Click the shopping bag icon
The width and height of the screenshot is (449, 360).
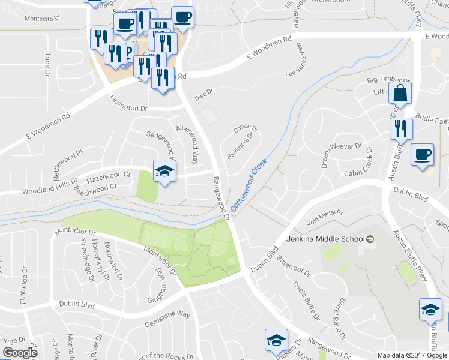coord(399,94)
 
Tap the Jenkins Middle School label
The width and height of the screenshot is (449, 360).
coord(330,239)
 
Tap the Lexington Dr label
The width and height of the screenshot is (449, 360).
coord(128,103)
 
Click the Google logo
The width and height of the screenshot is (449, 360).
coord(20,353)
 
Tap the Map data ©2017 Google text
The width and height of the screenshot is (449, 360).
coord(412,355)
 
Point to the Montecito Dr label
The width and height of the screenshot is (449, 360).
coord(43,18)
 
